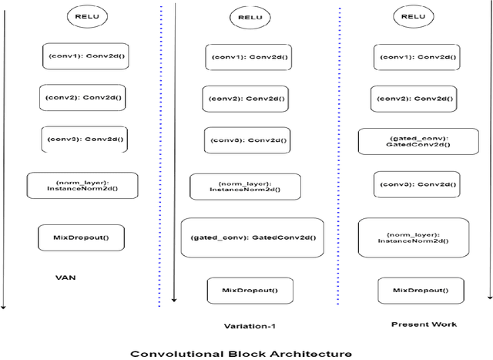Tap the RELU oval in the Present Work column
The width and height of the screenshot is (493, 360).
[x=413, y=16]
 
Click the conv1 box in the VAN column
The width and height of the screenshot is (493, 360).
[x=83, y=56]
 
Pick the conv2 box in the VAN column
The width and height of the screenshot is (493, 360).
[x=82, y=97]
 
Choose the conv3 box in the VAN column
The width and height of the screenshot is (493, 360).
[x=83, y=140]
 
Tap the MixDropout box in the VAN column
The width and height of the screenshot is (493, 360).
[x=81, y=237]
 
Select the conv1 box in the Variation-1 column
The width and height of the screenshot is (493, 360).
[x=248, y=57]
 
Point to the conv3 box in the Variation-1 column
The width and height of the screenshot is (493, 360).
[x=246, y=140]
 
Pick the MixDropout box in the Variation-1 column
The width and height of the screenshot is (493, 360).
[x=250, y=291]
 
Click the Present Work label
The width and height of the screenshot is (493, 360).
[x=423, y=324]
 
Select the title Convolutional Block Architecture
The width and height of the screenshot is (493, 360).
[x=240, y=354]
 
